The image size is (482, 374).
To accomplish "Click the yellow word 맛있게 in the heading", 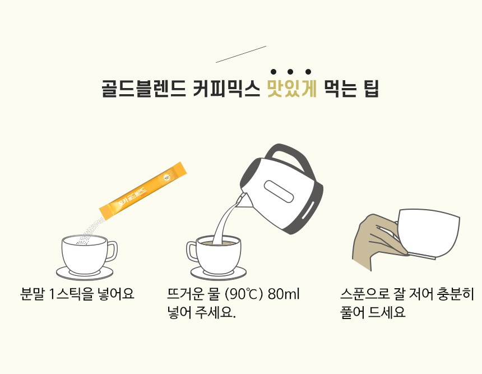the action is click(x=291, y=89).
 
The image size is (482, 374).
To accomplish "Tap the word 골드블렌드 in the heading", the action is click(x=143, y=89).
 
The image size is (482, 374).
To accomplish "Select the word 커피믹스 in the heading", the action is click(x=226, y=89).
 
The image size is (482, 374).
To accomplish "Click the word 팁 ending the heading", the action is click(x=372, y=89).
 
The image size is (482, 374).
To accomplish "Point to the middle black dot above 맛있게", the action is click(x=290, y=72).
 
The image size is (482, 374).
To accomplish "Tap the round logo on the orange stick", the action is click(x=167, y=177).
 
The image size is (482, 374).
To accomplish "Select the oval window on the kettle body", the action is click(x=279, y=191).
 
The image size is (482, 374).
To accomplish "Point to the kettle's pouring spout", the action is click(x=242, y=200).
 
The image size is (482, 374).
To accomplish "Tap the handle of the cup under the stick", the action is click(x=112, y=251).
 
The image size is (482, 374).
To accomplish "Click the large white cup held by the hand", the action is click(x=428, y=233).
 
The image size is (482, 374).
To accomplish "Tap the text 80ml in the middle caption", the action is click(x=284, y=294).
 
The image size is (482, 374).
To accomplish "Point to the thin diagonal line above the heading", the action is click(x=241, y=54).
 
